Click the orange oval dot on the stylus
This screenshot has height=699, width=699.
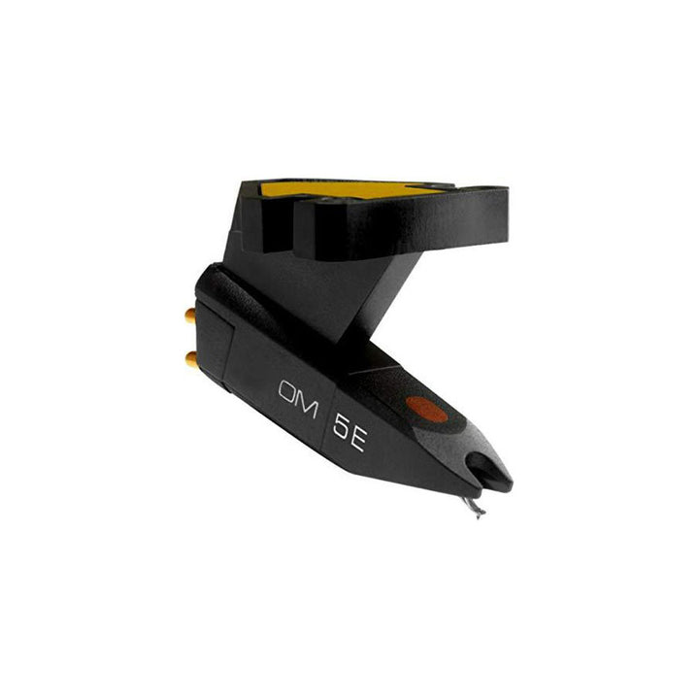click(428, 411)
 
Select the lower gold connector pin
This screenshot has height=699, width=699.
click(192, 360)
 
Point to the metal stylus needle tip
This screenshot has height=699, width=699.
click(473, 506)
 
